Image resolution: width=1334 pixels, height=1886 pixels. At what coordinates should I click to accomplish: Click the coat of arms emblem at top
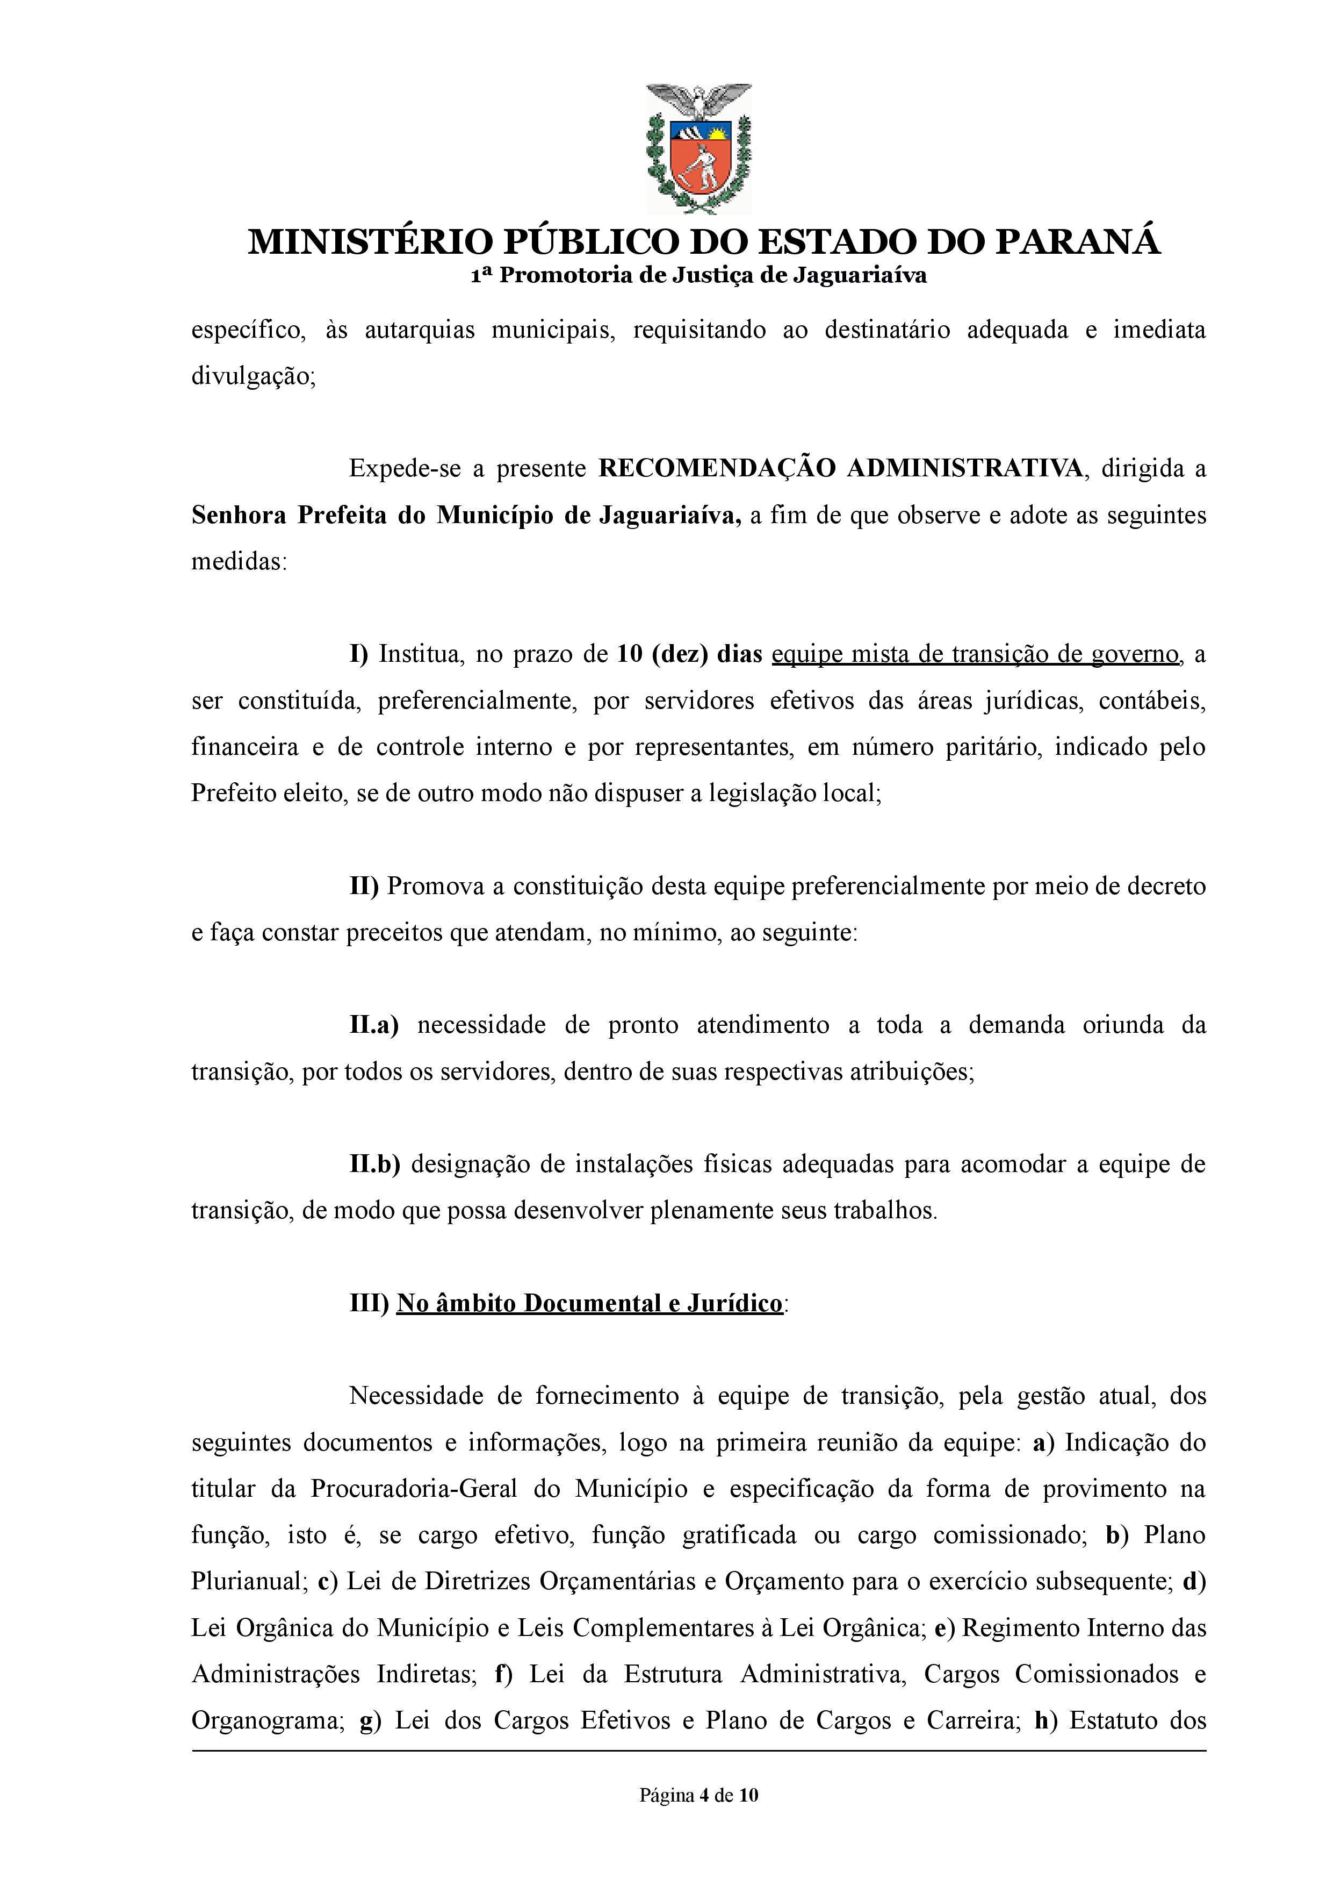698,148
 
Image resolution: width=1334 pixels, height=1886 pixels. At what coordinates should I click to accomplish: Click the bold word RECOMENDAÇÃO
716,468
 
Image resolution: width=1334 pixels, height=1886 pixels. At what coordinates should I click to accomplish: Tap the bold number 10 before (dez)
629,654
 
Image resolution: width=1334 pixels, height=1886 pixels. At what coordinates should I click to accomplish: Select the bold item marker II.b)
374,1165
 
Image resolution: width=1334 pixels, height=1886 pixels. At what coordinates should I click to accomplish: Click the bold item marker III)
369,1303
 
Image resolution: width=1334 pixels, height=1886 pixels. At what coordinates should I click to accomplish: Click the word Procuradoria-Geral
413,1489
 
